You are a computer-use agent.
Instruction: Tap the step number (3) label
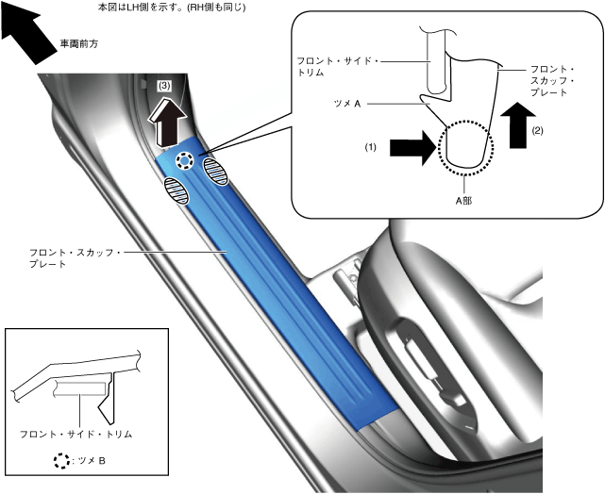click(x=164, y=85)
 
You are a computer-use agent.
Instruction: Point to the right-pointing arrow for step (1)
click(x=412, y=147)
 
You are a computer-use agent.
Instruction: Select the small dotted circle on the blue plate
click(x=187, y=161)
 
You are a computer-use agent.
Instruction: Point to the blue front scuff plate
click(x=283, y=292)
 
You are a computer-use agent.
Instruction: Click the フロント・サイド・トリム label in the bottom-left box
click(x=76, y=435)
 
